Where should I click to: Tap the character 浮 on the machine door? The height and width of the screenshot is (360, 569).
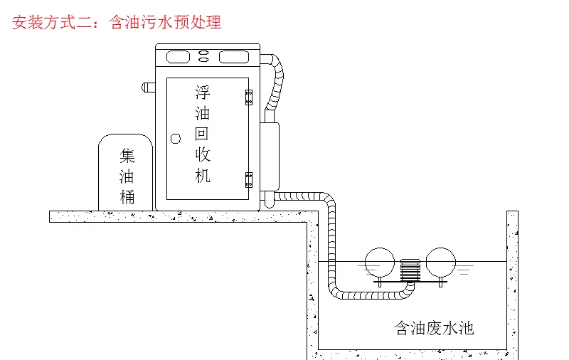tap(203, 92)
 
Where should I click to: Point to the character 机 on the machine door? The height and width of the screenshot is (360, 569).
tap(203, 175)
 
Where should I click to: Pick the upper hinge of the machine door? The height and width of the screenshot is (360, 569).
tap(249, 97)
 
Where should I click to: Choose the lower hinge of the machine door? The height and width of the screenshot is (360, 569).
tap(249, 179)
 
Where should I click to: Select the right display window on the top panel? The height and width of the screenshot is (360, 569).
tap(235, 56)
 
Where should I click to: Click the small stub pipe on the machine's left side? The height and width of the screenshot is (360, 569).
tap(149, 88)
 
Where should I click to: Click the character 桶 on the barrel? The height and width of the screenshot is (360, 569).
tap(127, 196)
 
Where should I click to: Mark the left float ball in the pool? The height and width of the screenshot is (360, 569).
tap(378, 261)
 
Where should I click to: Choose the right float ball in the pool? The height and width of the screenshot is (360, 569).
tap(440, 261)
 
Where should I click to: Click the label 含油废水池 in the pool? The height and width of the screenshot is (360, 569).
tap(434, 328)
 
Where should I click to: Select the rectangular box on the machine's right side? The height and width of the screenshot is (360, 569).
tap(270, 156)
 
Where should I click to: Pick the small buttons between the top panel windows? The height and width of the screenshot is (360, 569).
tap(204, 56)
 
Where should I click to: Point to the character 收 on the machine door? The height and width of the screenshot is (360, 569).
tap(203, 154)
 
